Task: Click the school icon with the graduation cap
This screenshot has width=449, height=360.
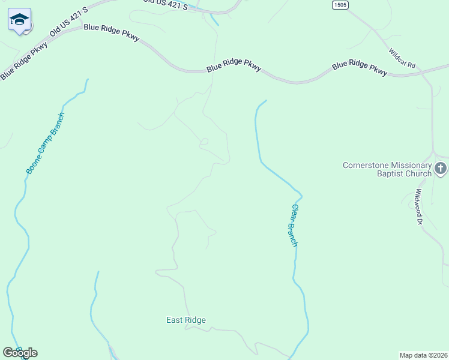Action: point(19,20)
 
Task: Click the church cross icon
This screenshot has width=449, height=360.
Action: point(441,169)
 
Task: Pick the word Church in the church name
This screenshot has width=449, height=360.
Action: point(418,174)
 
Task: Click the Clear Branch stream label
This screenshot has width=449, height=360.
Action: point(294,226)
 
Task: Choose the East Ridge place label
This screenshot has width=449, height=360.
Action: point(186,320)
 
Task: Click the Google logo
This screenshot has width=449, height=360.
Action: point(20,353)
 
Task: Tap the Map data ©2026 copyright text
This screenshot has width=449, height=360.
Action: point(423,355)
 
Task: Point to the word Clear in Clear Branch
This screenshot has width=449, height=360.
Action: point(295,213)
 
